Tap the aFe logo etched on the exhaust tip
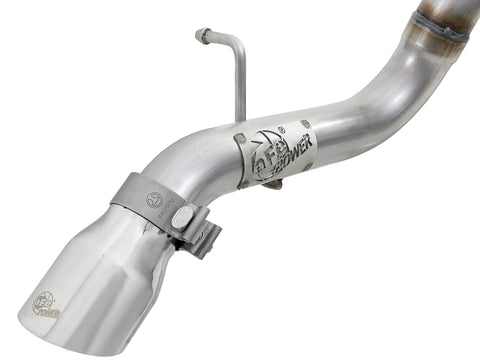click(x=46, y=302)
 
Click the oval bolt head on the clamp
click(x=183, y=215)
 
